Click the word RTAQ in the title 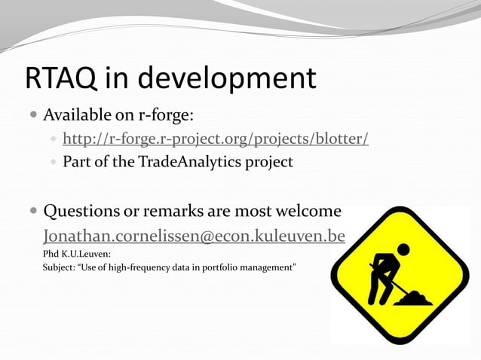[x=61, y=78]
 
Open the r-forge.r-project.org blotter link [x=215, y=139]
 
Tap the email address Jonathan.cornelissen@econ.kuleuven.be [x=194, y=236]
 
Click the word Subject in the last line [x=58, y=267]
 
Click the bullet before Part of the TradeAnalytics [x=52, y=162]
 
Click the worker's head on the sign [x=403, y=249]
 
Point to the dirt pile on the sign [x=415, y=299]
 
